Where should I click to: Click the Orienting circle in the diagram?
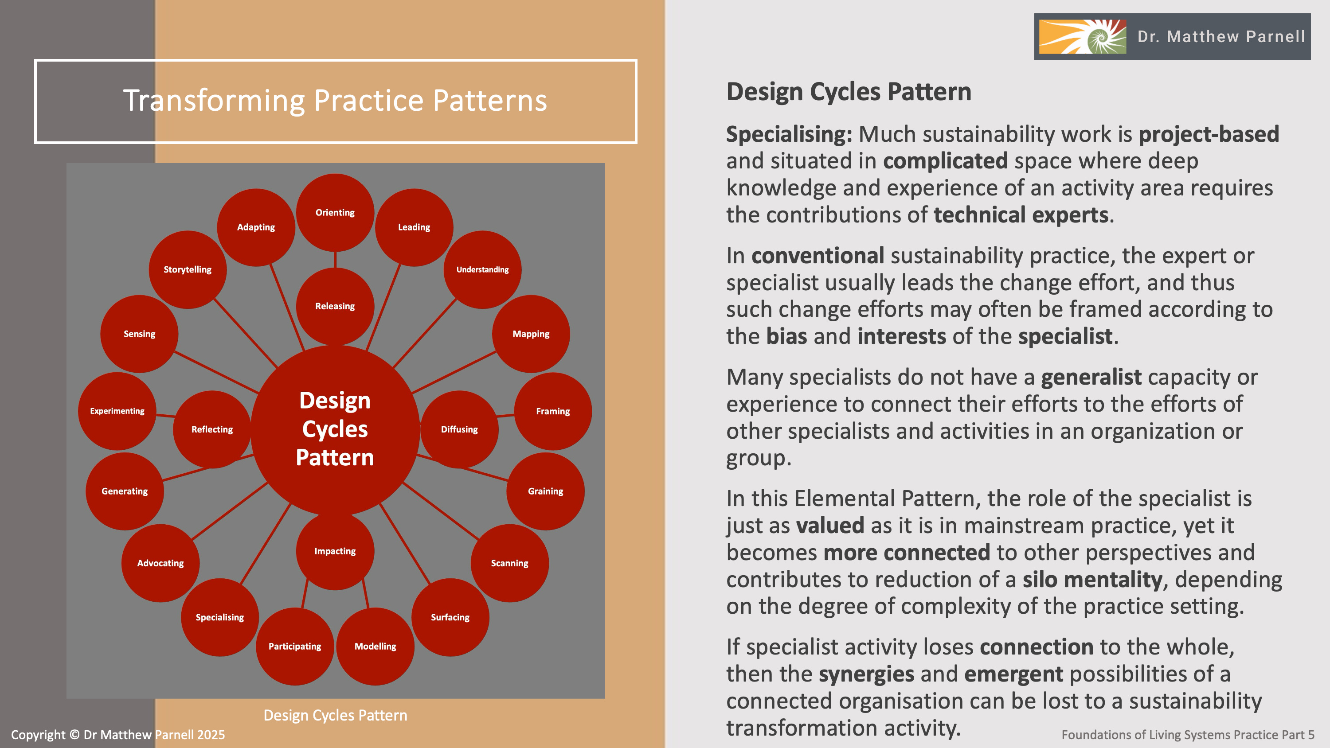pyautogui.click(x=335, y=212)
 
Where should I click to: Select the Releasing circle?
pyautogui.click(x=335, y=306)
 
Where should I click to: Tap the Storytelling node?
pyautogui.click(x=188, y=269)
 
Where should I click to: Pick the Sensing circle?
pyautogui.click(x=139, y=334)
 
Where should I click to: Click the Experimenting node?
pyautogui.click(x=117, y=411)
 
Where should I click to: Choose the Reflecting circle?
pyautogui.click(x=211, y=429)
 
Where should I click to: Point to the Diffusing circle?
pyautogui.click(x=459, y=429)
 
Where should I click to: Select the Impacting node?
pyautogui.click(x=335, y=551)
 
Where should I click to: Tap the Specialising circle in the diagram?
pyautogui.click(x=219, y=617)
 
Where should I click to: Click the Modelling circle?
pyautogui.click(x=376, y=647)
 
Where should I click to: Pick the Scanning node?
pyautogui.click(x=509, y=563)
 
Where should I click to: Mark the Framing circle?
pyautogui.click(x=553, y=411)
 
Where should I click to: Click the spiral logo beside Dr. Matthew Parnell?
pyautogui.click(x=1082, y=37)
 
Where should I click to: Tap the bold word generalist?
pyautogui.click(x=1091, y=378)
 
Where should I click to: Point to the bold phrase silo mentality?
pyautogui.click(x=1092, y=580)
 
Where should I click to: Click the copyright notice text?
pyautogui.click(x=118, y=735)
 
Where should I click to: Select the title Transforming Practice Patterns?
pyautogui.click(x=335, y=100)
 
